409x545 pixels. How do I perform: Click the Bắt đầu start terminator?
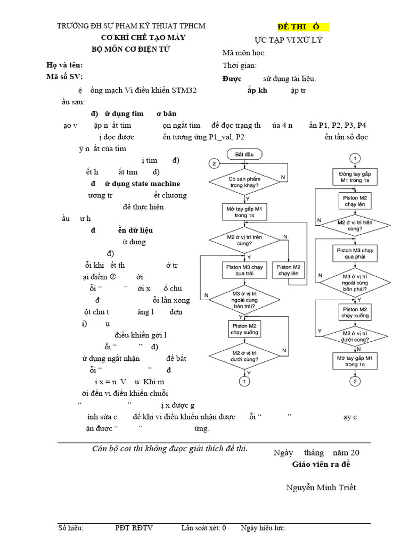click(244, 154)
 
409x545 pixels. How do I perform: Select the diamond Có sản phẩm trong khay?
click(244, 183)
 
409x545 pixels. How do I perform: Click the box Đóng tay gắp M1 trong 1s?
click(355, 177)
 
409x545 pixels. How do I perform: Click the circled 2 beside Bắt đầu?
click(214, 163)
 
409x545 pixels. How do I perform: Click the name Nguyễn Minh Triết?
click(321, 488)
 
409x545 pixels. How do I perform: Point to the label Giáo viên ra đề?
click(321, 465)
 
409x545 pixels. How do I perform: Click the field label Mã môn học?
click(244, 53)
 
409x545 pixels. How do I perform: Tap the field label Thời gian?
click(240, 65)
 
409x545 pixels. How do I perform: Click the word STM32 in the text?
click(184, 90)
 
